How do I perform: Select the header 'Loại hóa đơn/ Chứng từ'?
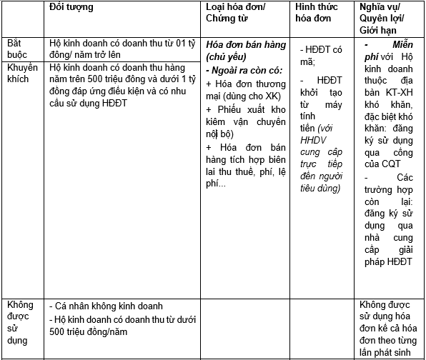232,13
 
